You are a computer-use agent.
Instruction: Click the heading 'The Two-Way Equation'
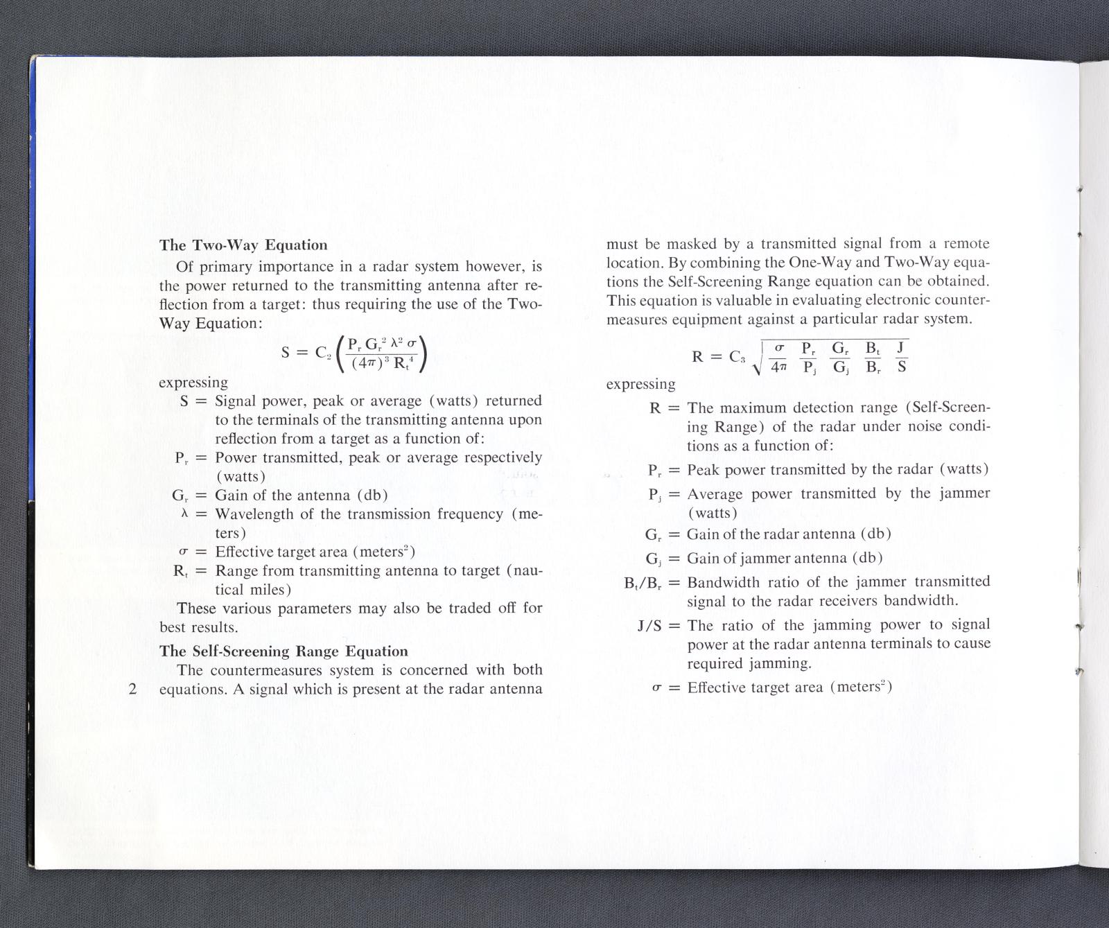[x=243, y=245]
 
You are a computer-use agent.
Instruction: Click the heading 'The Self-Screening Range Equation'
[x=283, y=651]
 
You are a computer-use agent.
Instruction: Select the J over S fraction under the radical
[x=901, y=356]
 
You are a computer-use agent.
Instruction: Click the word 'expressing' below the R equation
[x=640, y=384]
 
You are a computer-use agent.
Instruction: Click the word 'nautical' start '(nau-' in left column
[x=525, y=571]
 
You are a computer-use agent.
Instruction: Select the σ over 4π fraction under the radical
[x=778, y=356]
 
